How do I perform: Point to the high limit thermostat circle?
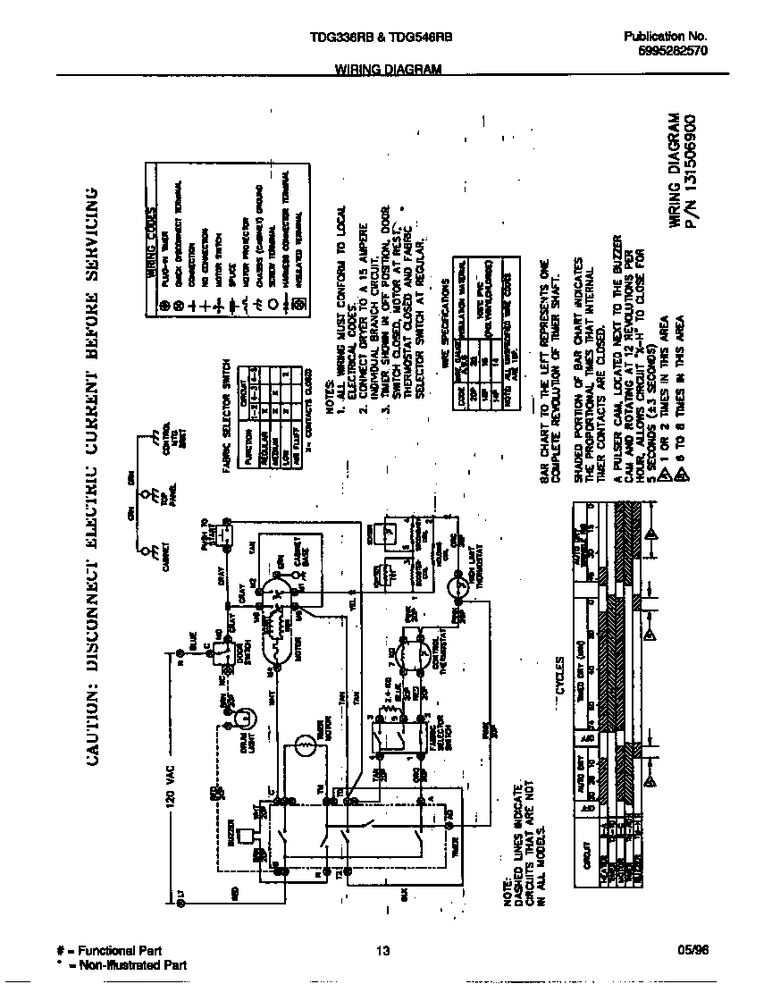(x=462, y=588)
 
